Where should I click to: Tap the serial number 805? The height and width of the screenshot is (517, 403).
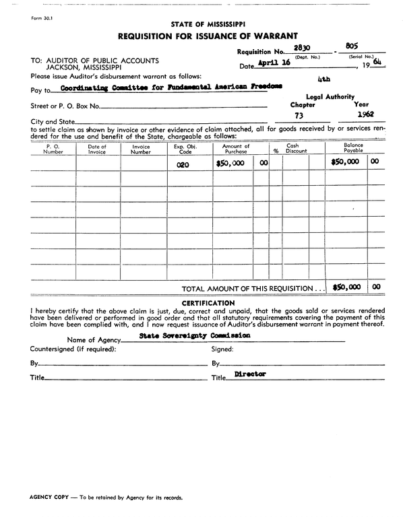[351, 46]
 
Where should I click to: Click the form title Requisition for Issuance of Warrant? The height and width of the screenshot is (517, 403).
[208, 36]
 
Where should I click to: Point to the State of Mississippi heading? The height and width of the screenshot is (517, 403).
[208, 24]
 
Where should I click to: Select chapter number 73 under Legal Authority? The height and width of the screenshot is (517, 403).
[299, 115]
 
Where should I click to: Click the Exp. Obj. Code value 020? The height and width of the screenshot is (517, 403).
[183, 164]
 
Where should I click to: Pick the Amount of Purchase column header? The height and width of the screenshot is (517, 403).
[236, 149]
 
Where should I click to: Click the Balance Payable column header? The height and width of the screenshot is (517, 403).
[353, 147]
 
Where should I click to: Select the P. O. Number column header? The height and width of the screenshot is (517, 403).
[53, 149]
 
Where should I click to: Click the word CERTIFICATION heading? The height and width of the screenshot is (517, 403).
[208, 303]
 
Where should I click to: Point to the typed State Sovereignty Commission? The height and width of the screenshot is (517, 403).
[194, 335]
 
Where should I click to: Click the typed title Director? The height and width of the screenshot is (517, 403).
[250, 374]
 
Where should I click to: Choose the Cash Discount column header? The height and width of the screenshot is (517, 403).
[296, 149]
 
